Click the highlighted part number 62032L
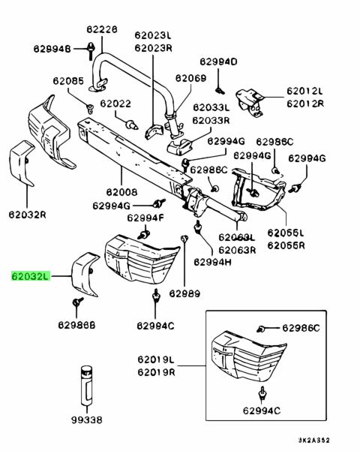click(x=31, y=276)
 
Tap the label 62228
click(x=102, y=29)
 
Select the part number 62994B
click(x=52, y=48)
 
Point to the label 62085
click(x=68, y=81)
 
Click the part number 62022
click(x=115, y=104)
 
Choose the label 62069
click(x=191, y=78)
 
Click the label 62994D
click(x=218, y=62)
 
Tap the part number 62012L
click(x=304, y=91)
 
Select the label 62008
click(x=121, y=192)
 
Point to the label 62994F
click(x=145, y=218)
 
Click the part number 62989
click(x=184, y=293)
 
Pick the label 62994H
click(x=212, y=262)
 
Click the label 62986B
click(x=76, y=325)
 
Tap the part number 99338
click(x=87, y=419)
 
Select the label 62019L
click(x=156, y=359)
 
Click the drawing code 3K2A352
click(x=314, y=440)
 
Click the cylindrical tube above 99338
click(x=86, y=386)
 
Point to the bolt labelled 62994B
click(x=91, y=51)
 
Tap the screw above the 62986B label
click(x=77, y=302)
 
